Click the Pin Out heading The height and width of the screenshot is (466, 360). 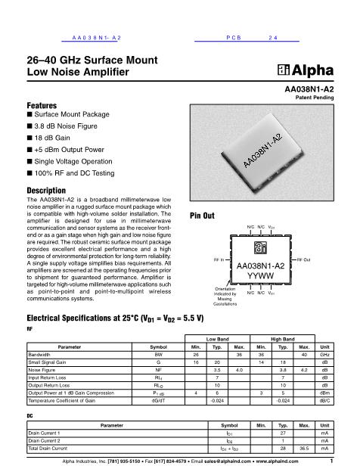coord(204,215)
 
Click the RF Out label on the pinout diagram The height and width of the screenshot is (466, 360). coord(303,259)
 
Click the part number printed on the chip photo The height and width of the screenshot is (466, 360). coord(263,151)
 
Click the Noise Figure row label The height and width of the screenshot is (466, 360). coord(44,370)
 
